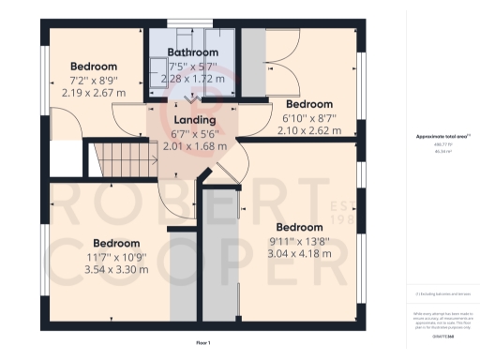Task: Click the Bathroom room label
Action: click(x=193, y=52)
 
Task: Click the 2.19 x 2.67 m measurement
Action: click(x=93, y=93)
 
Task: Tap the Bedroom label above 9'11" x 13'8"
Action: click(x=299, y=227)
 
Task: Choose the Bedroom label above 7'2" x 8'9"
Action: click(x=93, y=67)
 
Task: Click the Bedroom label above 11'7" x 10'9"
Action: click(x=116, y=243)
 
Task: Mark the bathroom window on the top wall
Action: click(x=193, y=22)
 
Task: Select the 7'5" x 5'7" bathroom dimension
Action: click(x=193, y=66)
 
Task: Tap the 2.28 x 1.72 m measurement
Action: click(x=193, y=79)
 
